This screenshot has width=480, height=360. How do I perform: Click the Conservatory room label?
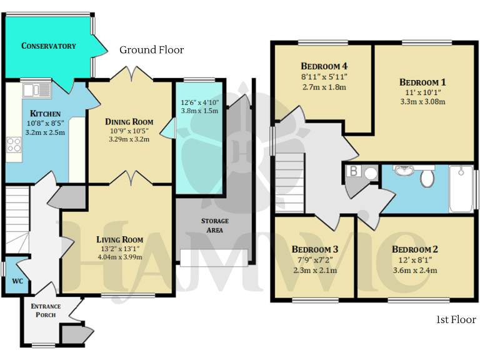click(x=49, y=46)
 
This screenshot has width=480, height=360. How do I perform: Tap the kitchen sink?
click(x=36, y=91)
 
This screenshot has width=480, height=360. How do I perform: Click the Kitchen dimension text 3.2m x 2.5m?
click(x=45, y=132)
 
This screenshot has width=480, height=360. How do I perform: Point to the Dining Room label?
click(x=129, y=122)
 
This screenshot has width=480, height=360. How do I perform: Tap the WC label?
click(x=17, y=281)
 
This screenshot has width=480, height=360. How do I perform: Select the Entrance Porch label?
click(x=46, y=310)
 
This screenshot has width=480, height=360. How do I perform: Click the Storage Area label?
click(x=214, y=226)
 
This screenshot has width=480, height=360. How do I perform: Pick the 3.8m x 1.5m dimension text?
click(x=199, y=111)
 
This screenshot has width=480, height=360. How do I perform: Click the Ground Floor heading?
click(x=152, y=50)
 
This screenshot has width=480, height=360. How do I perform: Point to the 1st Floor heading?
click(x=456, y=320)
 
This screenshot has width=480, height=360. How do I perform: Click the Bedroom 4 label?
click(x=324, y=66)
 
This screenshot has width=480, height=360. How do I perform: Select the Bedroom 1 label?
click(x=422, y=82)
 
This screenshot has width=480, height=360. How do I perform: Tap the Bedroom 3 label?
click(x=315, y=249)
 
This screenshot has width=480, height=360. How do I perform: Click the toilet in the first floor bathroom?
click(x=427, y=178)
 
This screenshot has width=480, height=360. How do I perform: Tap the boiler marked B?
click(x=353, y=172)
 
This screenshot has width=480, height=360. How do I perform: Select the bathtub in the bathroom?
click(x=462, y=187)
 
